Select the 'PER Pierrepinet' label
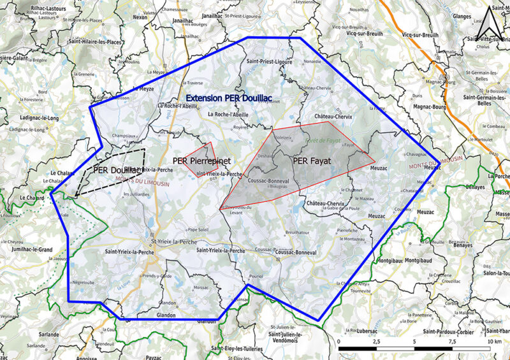[x=201, y=161]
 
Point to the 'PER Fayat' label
[x=312, y=161]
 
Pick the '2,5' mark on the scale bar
[x=376, y=342]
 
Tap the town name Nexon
[x=141, y=17]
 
